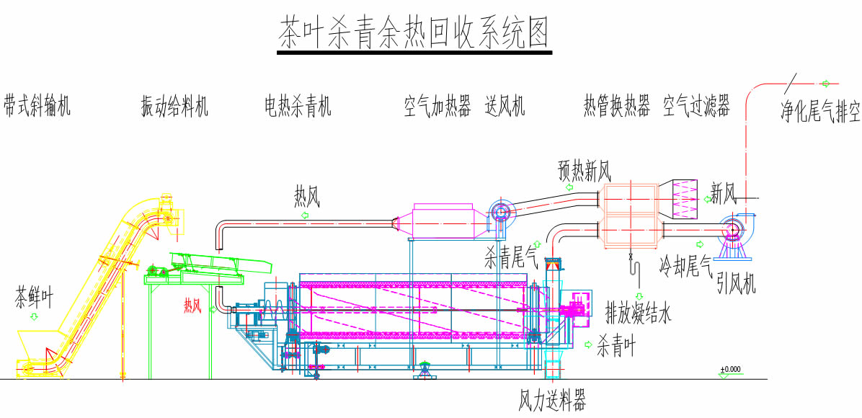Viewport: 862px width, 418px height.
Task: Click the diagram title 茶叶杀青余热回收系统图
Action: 415,34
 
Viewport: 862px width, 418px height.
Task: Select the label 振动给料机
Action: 174,107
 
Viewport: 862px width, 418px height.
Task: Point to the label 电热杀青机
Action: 298,107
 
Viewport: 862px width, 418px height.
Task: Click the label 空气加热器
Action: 437,107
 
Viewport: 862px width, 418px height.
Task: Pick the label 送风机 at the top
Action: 505,107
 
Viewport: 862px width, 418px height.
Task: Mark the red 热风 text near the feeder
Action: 192,306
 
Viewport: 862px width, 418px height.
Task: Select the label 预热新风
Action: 585,172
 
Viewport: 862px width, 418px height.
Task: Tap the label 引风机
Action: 736,285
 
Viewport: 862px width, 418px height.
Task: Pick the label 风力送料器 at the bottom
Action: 552,401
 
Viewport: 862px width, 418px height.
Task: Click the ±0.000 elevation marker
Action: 730,370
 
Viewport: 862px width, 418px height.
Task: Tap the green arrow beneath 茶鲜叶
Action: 33,316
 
